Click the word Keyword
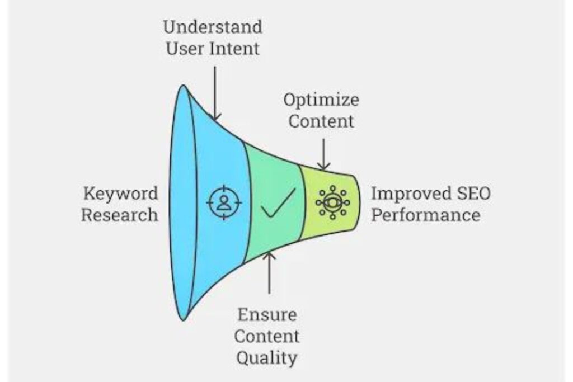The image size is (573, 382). pos(120,194)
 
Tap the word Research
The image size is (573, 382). pos(119,215)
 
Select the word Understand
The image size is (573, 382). pos(213,26)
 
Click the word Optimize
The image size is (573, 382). pos(321,100)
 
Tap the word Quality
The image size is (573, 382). pos(266,357)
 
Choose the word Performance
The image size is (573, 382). pos(426,215)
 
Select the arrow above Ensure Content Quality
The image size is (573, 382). pos(269,274)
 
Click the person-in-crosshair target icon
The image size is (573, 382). pos(224,202)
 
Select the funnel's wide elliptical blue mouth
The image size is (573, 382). pos(179,202)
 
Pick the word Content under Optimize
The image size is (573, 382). pos(321,121)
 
